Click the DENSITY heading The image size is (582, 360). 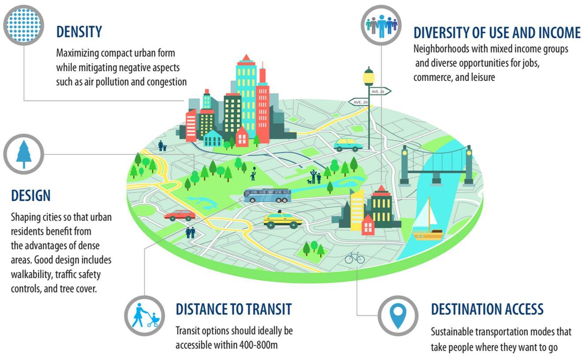[79, 32]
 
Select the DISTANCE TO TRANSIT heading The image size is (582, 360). [233, 309]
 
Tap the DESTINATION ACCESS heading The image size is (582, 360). [487, 309]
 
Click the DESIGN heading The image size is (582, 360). [31, 195]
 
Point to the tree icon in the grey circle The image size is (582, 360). [24, 154]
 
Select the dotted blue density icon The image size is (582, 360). [24, 25]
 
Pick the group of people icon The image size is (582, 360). [381, 25]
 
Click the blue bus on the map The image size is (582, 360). [267, 195]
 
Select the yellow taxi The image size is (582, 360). [282, 220]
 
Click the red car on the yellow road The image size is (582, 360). [180, 215]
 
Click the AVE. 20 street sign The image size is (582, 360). [359, 102]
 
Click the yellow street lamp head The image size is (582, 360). [368, 78]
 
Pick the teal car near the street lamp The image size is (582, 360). [348, 145]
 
